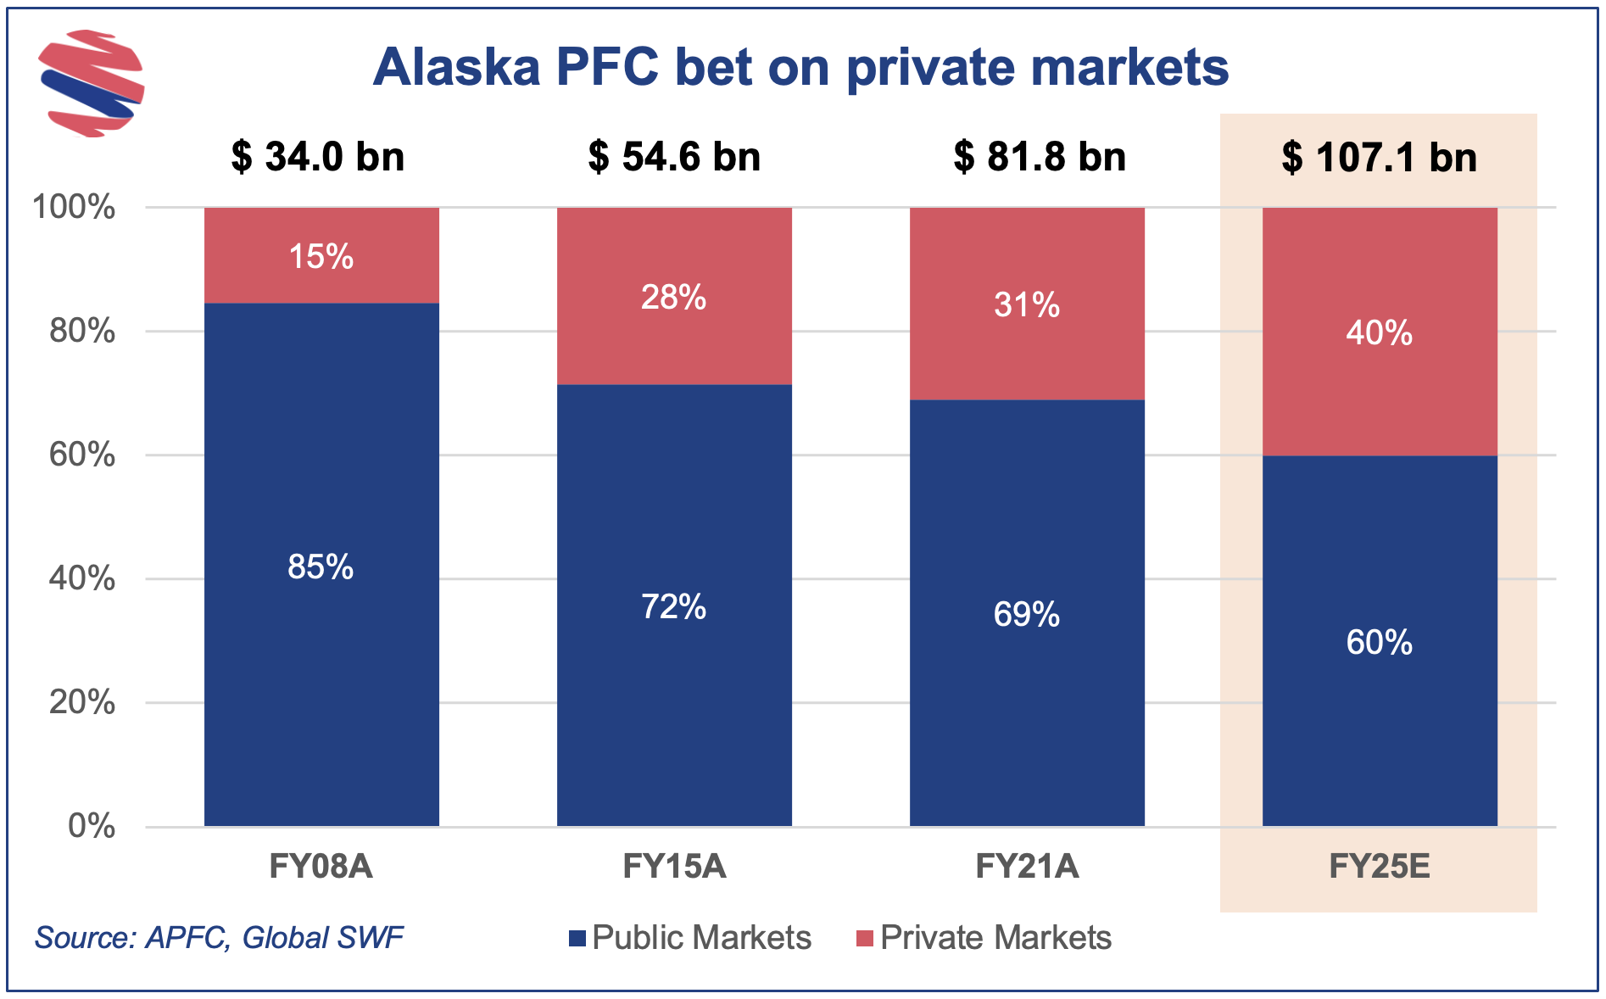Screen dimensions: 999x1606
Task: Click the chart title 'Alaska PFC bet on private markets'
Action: click(800, 67)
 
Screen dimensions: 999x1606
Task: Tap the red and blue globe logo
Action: click(92, 83)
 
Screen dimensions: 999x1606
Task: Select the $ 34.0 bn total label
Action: click(318, 157)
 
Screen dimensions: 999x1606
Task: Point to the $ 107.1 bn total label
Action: click(1379, 157)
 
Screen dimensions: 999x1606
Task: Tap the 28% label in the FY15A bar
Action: click(674, 298)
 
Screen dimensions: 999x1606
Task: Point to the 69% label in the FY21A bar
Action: click(1027, 614)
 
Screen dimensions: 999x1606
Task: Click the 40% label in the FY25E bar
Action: click(1380, 332)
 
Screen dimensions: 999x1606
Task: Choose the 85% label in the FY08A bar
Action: click(321, 566)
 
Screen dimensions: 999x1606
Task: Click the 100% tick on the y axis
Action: click(73, 207)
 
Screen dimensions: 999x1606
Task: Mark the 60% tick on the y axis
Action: click(81, 455)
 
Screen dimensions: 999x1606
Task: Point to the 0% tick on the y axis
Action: click(92, 826)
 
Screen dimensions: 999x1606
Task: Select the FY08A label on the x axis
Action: click(321, 867)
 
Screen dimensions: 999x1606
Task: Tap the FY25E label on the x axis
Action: click(1380, 867)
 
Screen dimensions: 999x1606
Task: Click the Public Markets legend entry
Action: click(690, 938)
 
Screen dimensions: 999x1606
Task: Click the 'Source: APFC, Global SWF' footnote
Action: click(219, 938)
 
